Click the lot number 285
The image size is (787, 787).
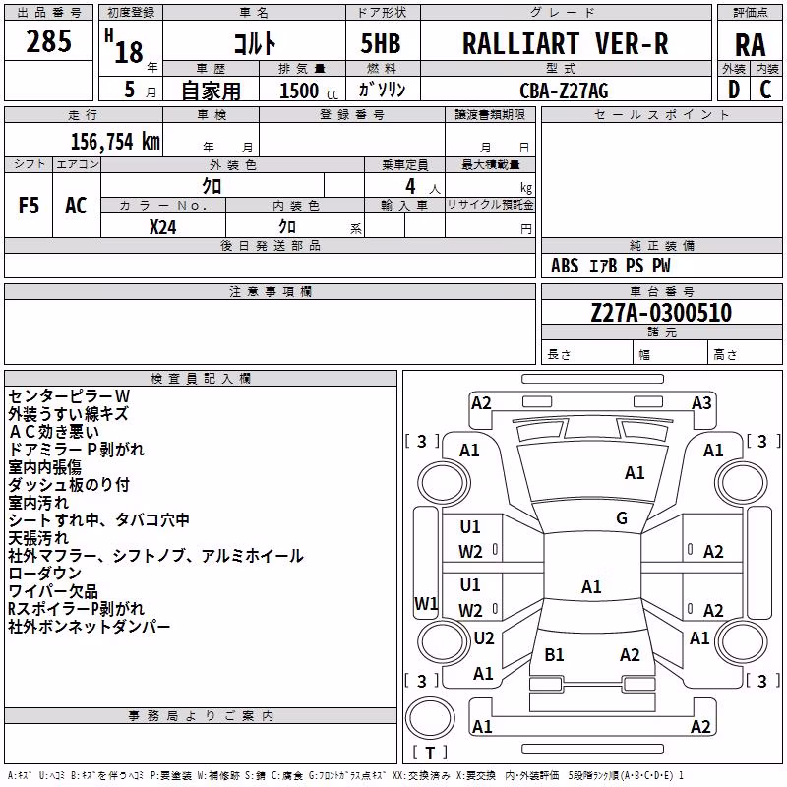click(x=48, y=41)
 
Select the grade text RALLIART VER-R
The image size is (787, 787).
click(x=565, y=43)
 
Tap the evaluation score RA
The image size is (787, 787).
click(x=750, y=45)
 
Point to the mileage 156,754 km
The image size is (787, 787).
click(x=115, y=141)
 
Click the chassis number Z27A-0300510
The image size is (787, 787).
click(x=661, y=312)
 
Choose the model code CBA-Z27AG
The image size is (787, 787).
click(x=564, y=91)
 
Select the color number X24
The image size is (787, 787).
click(x=162, y=227)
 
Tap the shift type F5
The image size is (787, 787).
click(x=29, y=206)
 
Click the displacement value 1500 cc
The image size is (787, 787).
click(x=309, y=91)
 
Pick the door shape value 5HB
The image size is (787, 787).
click(x=381, y=43)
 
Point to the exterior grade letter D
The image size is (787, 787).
click(x=733, y=90)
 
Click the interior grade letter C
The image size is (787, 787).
click(x=765, y=90)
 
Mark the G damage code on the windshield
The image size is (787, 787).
click(x=622, y=518)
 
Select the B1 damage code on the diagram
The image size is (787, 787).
click(x=554, y=654)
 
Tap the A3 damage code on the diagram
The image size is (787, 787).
click(x=701, y=403)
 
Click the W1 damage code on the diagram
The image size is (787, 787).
click(x=426, y=603)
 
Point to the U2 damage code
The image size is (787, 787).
click(x=484, y=637)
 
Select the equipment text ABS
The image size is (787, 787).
click(x=565, y=266)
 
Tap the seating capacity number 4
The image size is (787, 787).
click(x=410, y=186)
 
